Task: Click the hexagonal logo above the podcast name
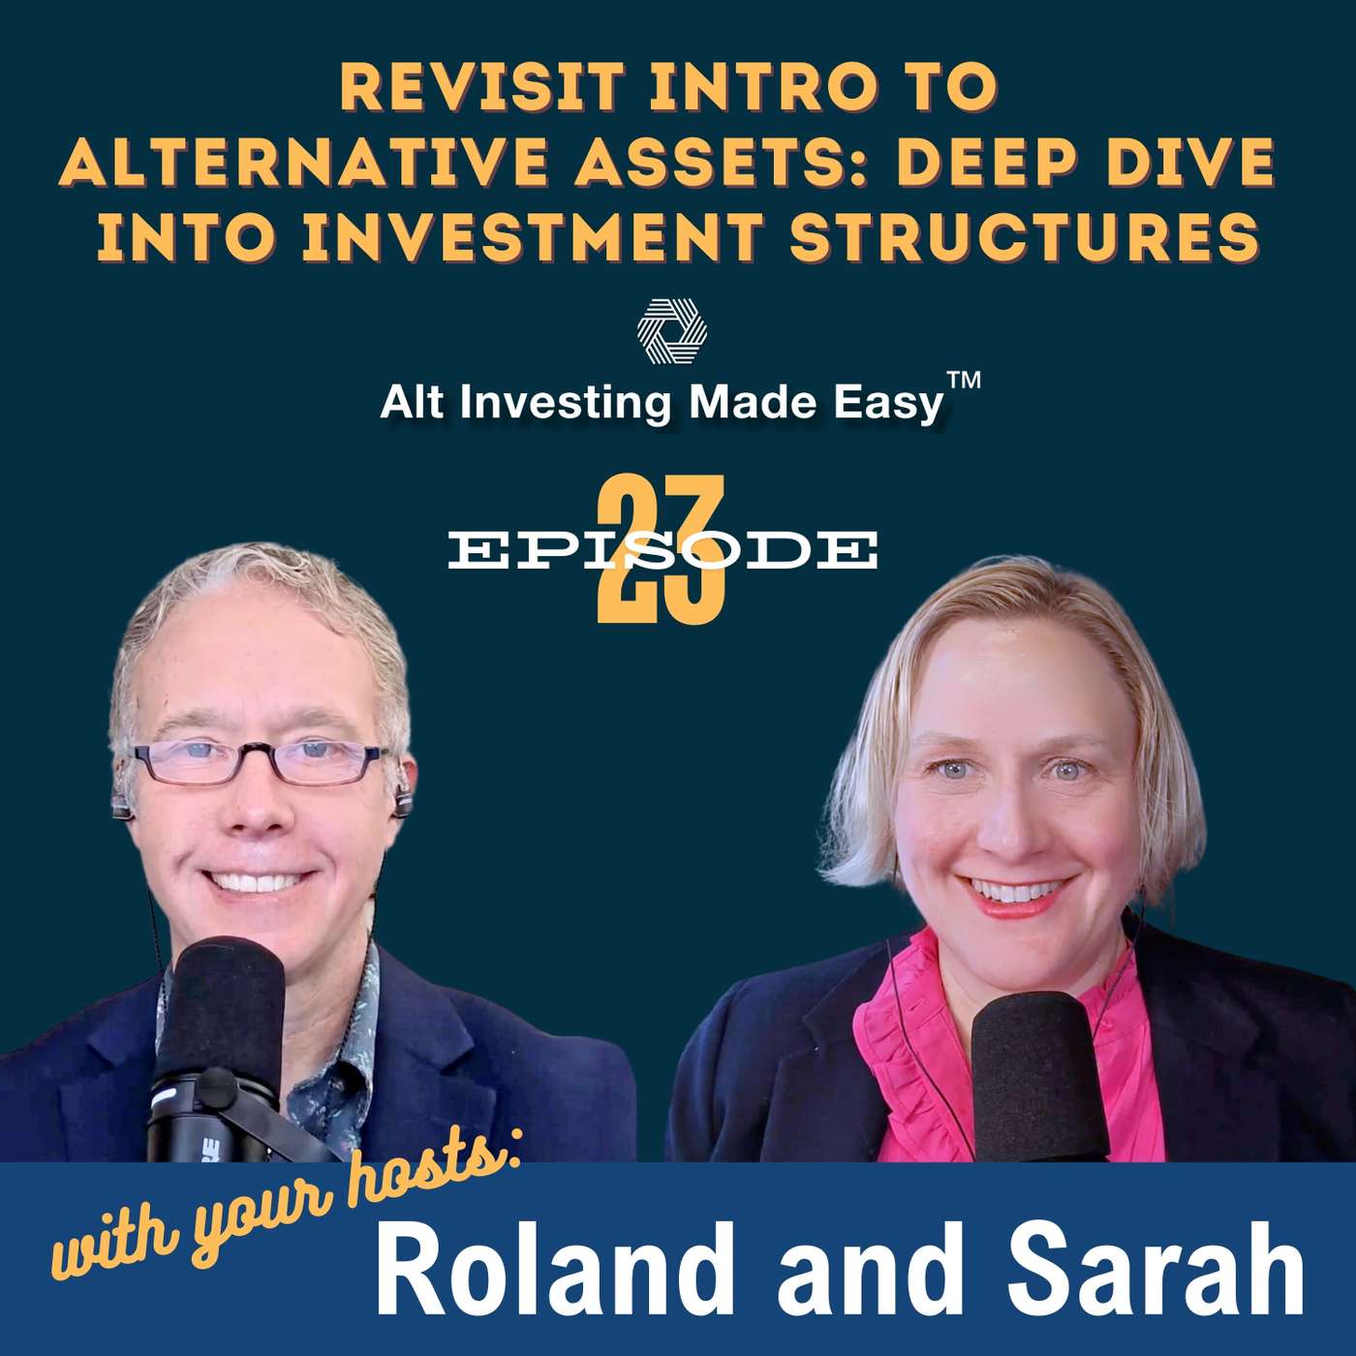pyautogui.click(x=671, y=332)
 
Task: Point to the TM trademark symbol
pyautogui.click(x=963, y=385)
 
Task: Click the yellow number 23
pyautogui.click(x=661, y=548)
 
